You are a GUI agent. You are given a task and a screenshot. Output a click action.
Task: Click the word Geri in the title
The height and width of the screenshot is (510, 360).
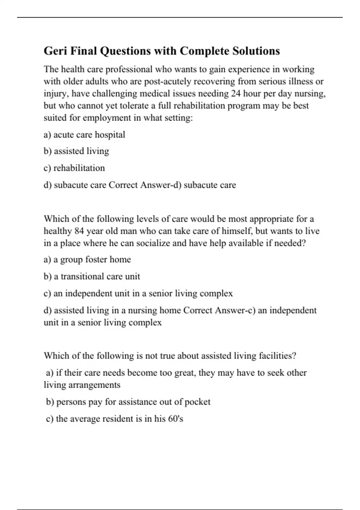[x=55, y=51]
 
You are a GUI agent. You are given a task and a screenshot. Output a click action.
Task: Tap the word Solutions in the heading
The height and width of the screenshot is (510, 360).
[x=256, y=51]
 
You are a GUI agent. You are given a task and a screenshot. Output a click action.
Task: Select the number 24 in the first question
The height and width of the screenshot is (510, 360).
[x=235, y=94]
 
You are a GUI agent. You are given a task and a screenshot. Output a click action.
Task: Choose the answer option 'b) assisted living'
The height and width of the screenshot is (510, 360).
[x=76, y=151]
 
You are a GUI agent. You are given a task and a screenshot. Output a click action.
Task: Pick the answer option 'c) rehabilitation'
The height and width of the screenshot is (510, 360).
[x=74, y=168]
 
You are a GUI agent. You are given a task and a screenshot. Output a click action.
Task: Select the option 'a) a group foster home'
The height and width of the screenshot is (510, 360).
[x=87, y=259]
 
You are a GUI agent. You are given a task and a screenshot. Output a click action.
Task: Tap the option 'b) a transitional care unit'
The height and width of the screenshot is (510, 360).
[x=91, y=276]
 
